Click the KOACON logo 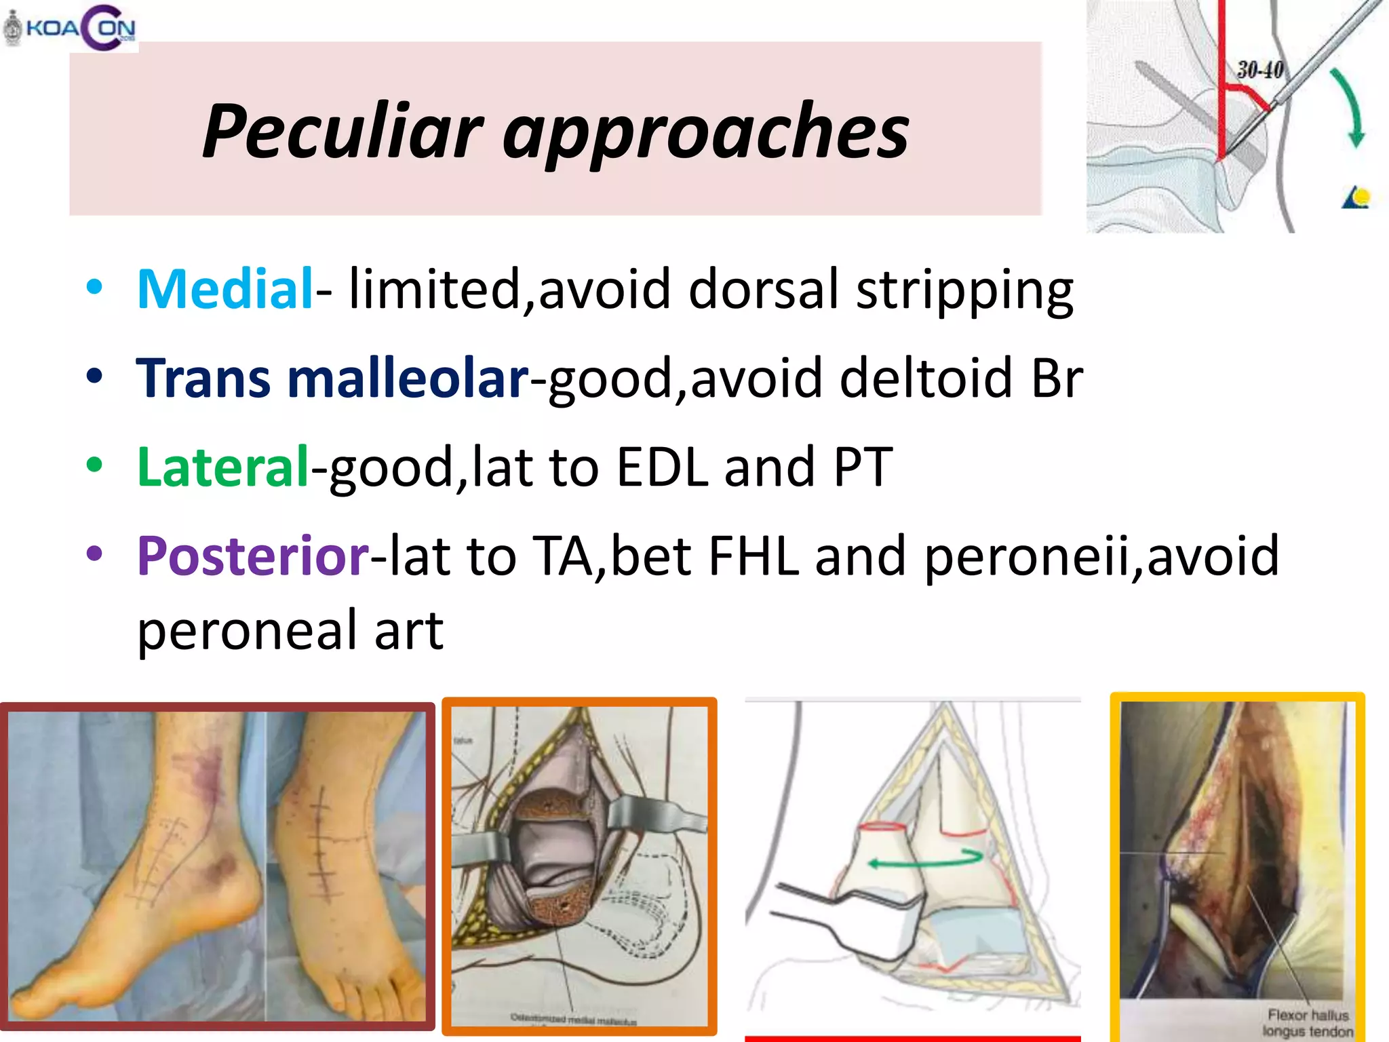coord(71,27)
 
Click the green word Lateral coord(223,467)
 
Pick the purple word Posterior coord(253,556)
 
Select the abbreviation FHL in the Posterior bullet coord(753,556)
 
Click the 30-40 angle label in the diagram coord(1260,70)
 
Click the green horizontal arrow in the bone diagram coord(926,860)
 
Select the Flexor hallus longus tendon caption coord(1308,1023)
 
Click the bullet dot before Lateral coord(95,465)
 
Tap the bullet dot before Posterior coord(95,554)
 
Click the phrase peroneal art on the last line coord(290,630)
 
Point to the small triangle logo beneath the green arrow coord(1356,198)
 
